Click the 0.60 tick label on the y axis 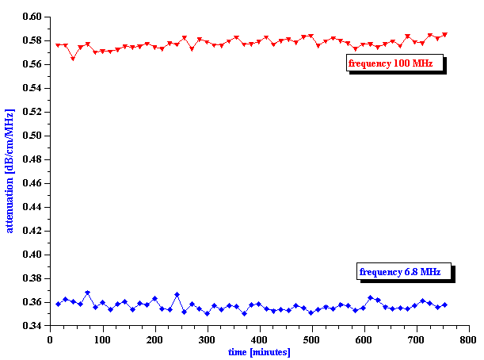(x=32, y=16)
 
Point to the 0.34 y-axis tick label (x=32, y=326)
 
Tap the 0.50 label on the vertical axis (x=32, y=135)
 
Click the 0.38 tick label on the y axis (x=32, y=278)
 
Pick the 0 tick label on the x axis (x=50, y=339)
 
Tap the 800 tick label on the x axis (x=468, y=339)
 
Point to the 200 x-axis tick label (x=154, y=339)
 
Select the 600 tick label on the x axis (x=364, y=339)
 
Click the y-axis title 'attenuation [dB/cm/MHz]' (x=10, y=171)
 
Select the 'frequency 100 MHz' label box (x=394, y=63)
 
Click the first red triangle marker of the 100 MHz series (x=58, y=46)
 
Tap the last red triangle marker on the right (x=444, y=35)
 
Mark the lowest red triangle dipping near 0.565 (x=73, y=58)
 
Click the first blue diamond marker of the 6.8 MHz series (x=58, y=304)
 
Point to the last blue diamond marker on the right (x=444, y=304)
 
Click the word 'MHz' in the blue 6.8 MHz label (x=429, y=272)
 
